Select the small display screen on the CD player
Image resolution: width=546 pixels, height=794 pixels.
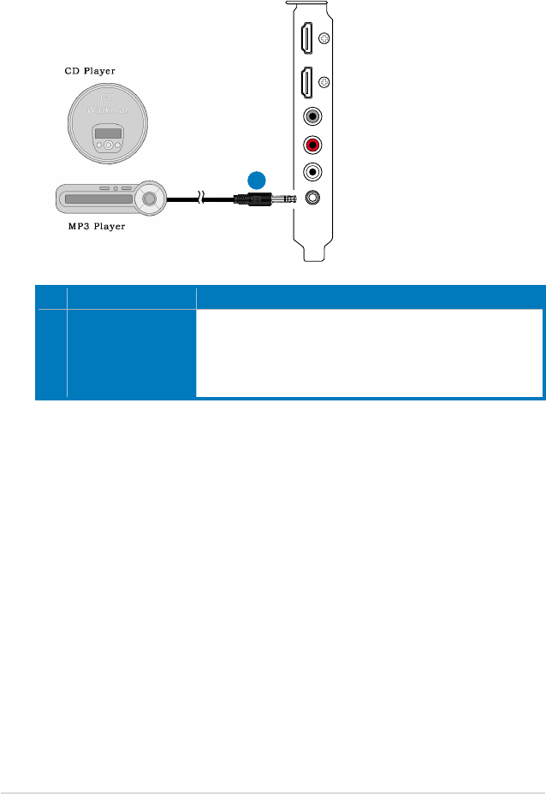coord(108,134)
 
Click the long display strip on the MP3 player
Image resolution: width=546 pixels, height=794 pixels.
coord(95,199)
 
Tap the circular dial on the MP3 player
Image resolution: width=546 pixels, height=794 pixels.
coord(151,198)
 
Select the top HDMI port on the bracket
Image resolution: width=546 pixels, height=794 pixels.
coord(306,39)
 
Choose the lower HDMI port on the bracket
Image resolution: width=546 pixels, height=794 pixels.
coord(306,83)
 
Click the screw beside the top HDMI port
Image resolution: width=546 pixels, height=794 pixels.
coord(323,39)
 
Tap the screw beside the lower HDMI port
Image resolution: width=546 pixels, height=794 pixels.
coord(323,83)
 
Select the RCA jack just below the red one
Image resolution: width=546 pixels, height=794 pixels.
coord(313,170)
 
